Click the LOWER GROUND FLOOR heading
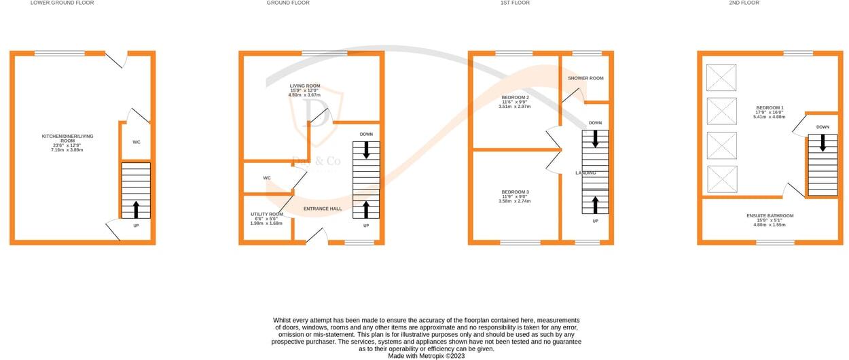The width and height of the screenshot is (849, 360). pyautogui.click(x=62, y=3)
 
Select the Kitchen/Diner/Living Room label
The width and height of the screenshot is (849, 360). pyautogui.click(x=67, y=143)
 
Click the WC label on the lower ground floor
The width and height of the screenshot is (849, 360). pyautogui.click(x=136, y=142)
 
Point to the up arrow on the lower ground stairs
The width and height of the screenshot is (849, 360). pyautogui.click(x=136, y=209)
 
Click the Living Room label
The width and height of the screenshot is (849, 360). pyautogui.click(x=304, y=90)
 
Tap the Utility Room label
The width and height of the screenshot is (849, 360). pyautogui.click(x=266, y=218)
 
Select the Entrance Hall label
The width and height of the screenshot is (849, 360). pyautogui.click(x=323, y=209)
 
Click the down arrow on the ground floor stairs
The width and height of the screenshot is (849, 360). pyautogui.click(x=366, y=150)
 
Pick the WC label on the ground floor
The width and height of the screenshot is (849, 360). pyautogui.click(x=267, y=178)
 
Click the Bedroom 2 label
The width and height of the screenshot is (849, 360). pyautogui.click(x=515, y=102)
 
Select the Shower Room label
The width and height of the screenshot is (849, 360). pyautogui.click(x=585, y=78)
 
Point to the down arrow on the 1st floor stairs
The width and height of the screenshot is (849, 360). pyautogui.click(x=595, y=139)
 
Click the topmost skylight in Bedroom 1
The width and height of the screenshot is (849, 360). pyautogui.click(x=721, y=77)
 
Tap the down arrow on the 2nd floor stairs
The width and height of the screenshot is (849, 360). pyautogui.click(x=823, y=143)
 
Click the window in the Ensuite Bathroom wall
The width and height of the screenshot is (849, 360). pyautogui.click(x=775, y=242)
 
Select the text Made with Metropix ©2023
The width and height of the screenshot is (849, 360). pyautogui.click(x=426, y=355)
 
